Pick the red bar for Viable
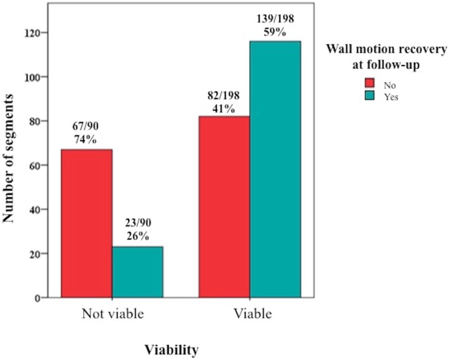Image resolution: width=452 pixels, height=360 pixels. click(224, 207)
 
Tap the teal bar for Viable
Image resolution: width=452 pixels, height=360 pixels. click(275, 169)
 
